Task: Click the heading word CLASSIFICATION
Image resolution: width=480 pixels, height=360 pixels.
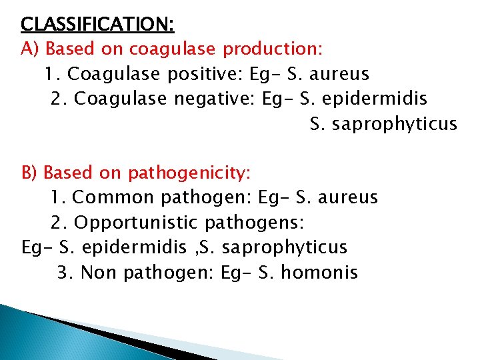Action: coord(97,25)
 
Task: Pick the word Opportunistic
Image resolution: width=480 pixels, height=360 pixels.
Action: coord(136,223)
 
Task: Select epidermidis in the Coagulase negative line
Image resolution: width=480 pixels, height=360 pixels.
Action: coord(375,99)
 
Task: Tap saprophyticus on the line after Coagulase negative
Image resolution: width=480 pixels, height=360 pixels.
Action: coord(395,124)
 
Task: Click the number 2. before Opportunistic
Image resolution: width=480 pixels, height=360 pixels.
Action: coord(59,223)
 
